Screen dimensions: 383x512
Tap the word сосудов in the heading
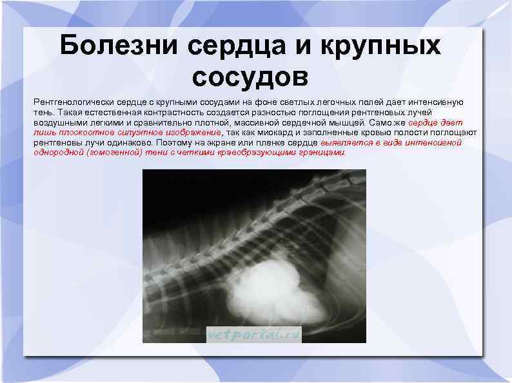[250, 77]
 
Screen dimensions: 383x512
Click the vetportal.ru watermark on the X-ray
[254, 333]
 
